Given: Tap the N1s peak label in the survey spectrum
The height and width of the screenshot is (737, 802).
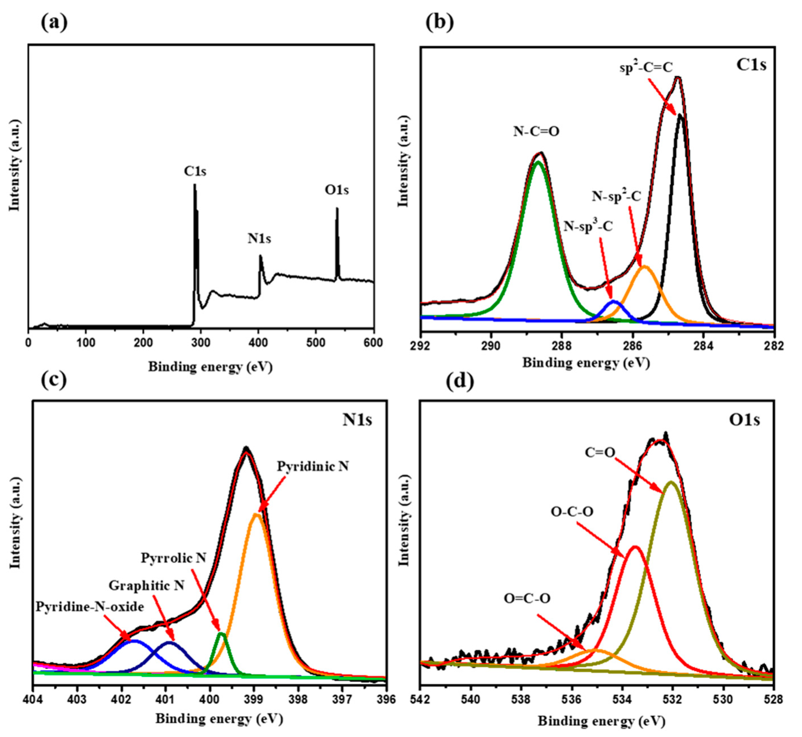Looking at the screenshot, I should (260, 238).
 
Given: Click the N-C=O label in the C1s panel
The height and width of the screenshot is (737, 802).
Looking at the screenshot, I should (536, 131).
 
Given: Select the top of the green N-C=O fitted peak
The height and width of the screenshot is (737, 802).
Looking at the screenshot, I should (538, 162).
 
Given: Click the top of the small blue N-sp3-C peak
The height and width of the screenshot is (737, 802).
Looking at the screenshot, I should (614, 301).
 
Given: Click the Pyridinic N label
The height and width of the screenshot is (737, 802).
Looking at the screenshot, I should (313, 466).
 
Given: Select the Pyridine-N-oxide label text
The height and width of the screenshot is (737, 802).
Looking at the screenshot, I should (90, 607).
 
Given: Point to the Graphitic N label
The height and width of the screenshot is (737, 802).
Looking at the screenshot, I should (147, 585).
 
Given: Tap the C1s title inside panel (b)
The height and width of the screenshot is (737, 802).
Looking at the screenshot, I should (751, 65).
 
